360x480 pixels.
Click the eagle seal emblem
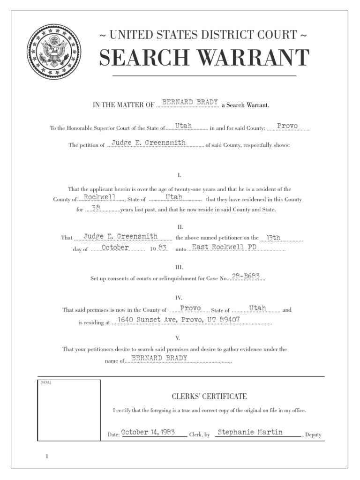54,51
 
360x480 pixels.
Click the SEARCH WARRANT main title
204,58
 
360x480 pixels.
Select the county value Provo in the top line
287,126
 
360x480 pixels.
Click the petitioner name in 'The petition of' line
149,142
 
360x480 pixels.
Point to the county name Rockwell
100,197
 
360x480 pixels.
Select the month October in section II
115,247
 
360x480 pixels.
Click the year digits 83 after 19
162,247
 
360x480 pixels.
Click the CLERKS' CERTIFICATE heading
209,396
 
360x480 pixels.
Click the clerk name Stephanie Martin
250,432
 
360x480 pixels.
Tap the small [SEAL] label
46,382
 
